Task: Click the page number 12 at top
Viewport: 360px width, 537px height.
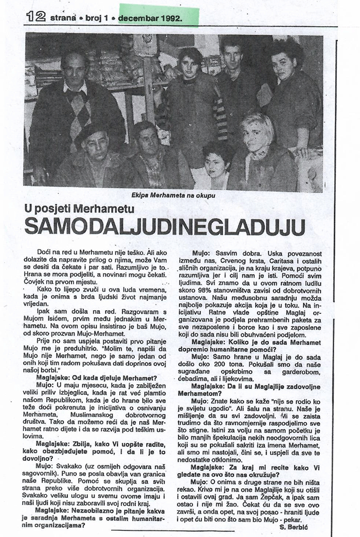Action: tap(36, 17)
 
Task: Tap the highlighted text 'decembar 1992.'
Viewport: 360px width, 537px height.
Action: tap(151, 17)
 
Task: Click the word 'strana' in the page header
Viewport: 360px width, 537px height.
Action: tap(62, 17)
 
